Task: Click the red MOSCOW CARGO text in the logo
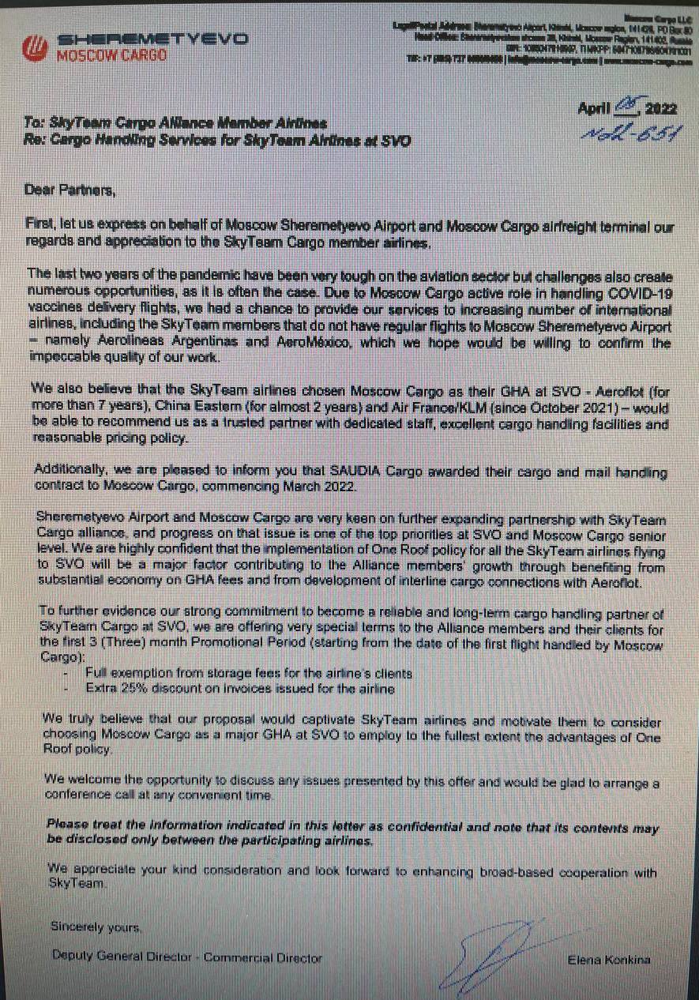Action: click(x=111, y=55)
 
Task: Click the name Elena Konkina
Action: click(x=607, y=959)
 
